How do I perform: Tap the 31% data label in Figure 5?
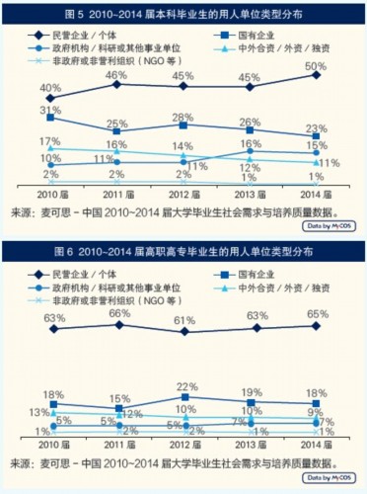[49, 110]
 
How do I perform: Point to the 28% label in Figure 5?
[183, 119]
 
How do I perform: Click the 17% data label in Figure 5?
[49, 142]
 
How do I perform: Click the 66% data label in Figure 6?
[116, 312]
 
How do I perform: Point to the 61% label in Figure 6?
[183, 321]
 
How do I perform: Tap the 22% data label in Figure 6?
[183, 385]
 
